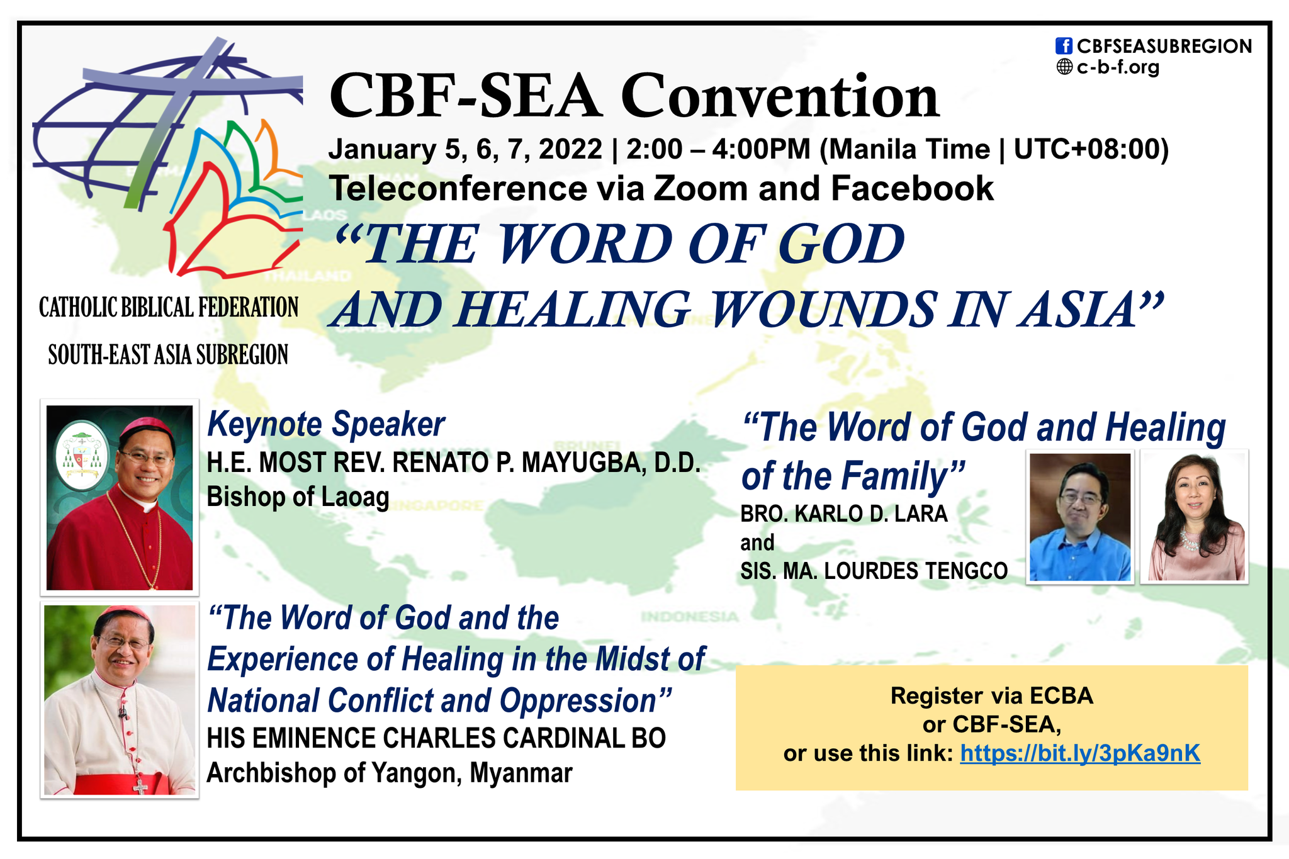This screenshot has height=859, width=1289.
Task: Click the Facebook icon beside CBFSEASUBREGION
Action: tap(1064, 46)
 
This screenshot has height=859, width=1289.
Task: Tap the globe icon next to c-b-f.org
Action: tap(1064, 67)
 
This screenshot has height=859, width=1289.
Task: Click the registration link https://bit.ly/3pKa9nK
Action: tap(1080, 753)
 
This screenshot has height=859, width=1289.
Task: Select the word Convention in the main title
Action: tap(780, 96)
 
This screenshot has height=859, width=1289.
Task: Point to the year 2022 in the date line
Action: tap(570, 149)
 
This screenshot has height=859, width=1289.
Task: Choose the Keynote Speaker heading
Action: tap(326, 424)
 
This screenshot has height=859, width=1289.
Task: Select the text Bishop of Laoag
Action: tap(298, 497)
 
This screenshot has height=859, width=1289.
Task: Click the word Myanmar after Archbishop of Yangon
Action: tap(521, 773)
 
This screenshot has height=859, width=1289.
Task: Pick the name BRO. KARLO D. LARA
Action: tap(843, 514)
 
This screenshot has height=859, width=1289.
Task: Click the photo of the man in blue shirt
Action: tap(1080, 517)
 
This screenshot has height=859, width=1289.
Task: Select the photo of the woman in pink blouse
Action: tap(1195, 517)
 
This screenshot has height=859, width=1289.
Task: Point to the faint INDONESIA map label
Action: tap(689, 616)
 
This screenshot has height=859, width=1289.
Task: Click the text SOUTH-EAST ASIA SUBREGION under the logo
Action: tap(168, 355)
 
